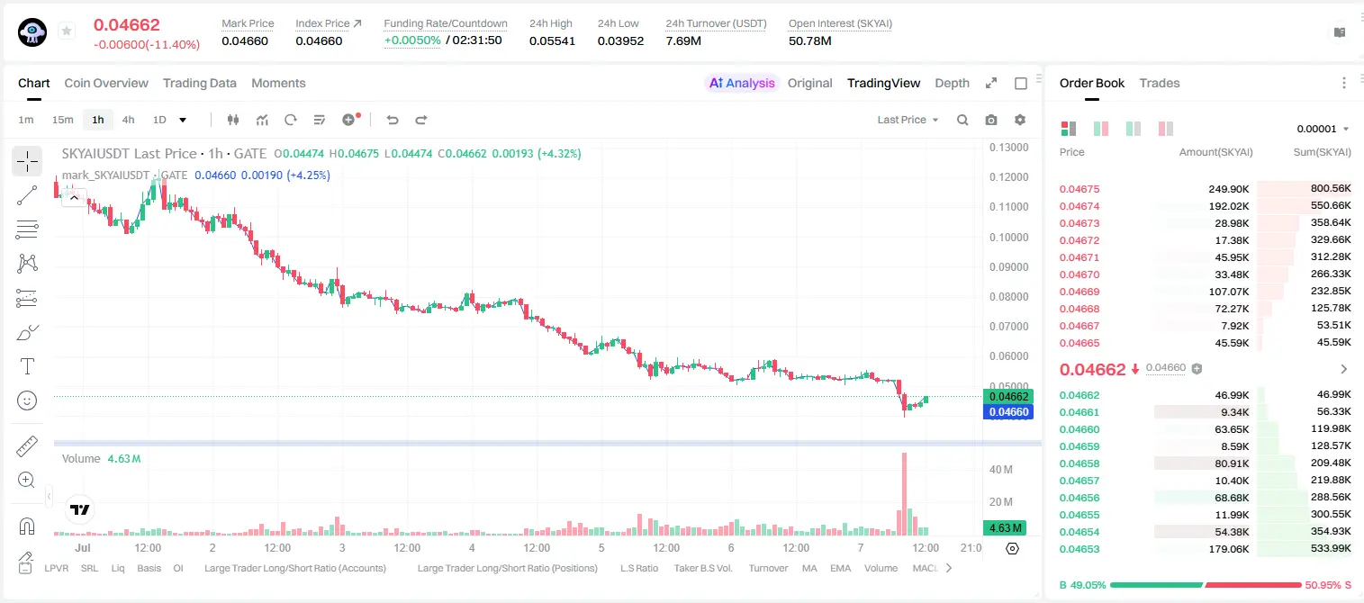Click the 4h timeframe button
pos(128,120)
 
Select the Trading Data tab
pos(199,83)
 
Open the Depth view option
pos(952,83)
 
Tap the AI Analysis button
pos(742,83)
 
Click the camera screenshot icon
pos(991,120)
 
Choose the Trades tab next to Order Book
pos(1160,83)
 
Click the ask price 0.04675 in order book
pos(1079,189)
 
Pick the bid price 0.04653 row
pos(1079,549)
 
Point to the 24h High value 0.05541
pos(552,40)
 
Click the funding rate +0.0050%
pos(412,40)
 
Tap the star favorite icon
pos(67,31)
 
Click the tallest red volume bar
pos(904,494)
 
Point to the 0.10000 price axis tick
pos(1009,238)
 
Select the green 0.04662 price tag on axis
pos(1008,397)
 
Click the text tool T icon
pos(27,366)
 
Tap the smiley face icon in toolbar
pos(27,400)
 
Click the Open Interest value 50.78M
pos(810,40)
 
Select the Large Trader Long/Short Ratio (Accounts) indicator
pos(295,568)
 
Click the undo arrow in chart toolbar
pos(393,120)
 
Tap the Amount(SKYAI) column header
pos(1215,152)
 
